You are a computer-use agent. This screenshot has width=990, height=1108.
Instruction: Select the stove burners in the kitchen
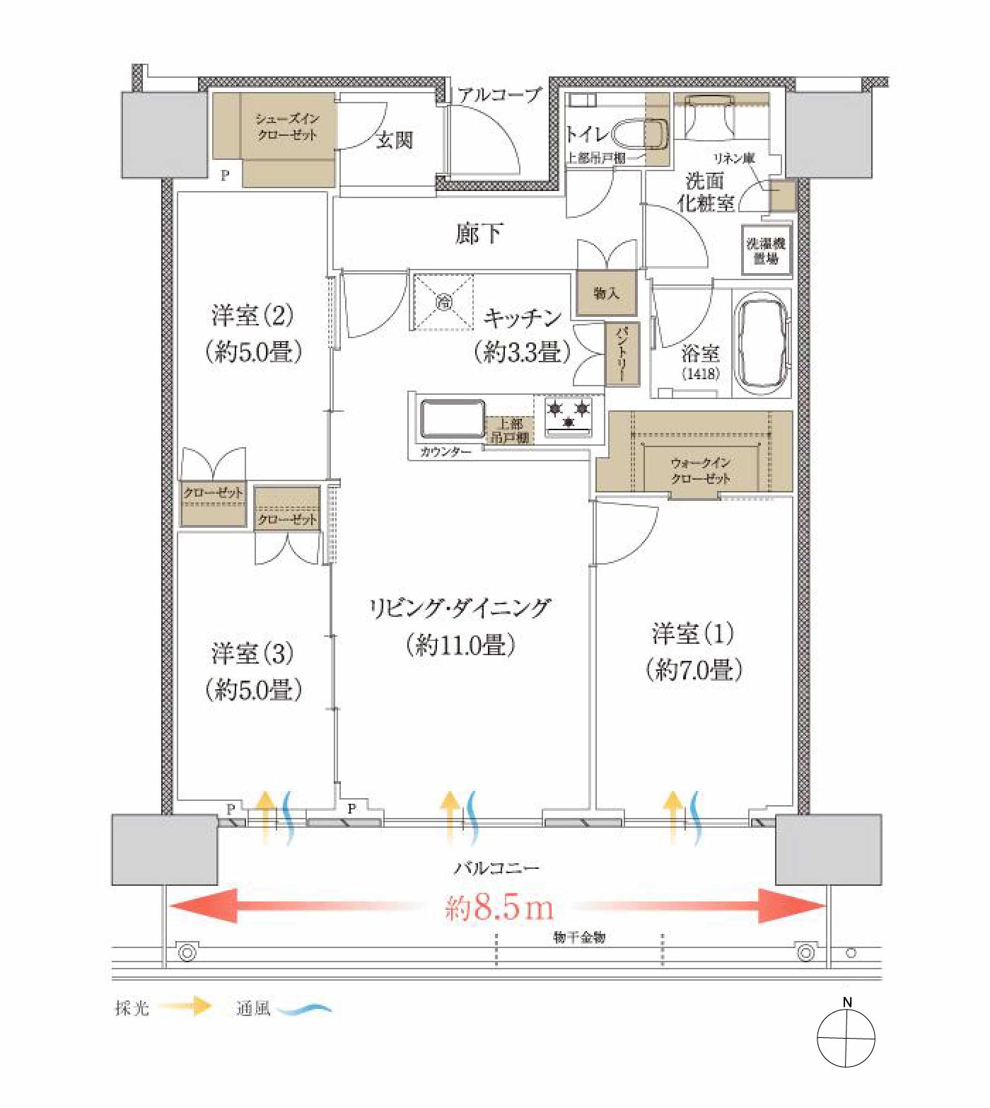(x=569, y=415)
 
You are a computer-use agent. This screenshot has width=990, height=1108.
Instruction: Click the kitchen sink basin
(x=453, y=420)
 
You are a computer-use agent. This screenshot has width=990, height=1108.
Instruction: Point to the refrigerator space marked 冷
(x=444, y=302)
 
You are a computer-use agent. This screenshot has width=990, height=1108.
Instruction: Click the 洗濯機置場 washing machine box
(x=766, y=250)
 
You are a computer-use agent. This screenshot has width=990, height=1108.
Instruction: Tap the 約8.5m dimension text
(x=499, y=907)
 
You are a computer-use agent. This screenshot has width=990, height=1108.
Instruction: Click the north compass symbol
(x=846, y=1038)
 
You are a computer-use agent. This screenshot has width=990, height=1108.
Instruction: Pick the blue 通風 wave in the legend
(x=304, y=1009)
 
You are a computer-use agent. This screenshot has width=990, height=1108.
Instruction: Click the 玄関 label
(x=394, y=140)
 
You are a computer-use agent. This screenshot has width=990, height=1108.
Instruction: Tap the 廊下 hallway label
(x=479, y=233)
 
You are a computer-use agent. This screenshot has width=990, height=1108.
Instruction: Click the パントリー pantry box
(x=622, y=354)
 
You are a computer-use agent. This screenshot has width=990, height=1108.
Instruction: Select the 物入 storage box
(x=606, y=293)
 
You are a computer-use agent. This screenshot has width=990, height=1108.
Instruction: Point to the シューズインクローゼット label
(x=287, y=127)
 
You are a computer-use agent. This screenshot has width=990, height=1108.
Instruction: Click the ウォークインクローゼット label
(x=700, y=471)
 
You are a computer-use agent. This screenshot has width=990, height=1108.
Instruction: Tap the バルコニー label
(x=496, y=867)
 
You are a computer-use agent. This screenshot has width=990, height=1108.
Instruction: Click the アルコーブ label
(x=499, y=95)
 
